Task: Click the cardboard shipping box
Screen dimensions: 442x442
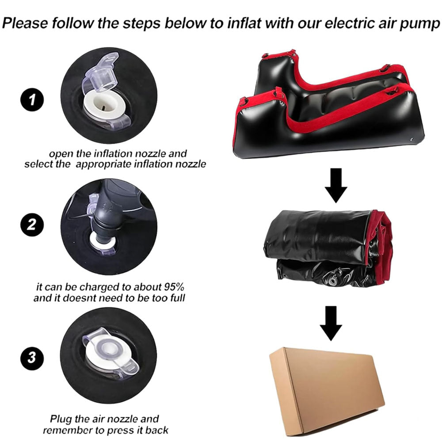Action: tap(326, 389)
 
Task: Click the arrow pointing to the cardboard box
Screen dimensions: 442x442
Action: tap(330, 323)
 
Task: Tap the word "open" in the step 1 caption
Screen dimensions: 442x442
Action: tap(61, 154)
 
